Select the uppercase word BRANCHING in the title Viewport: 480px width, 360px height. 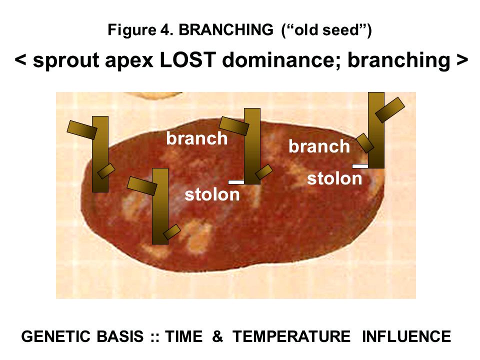(225, 30)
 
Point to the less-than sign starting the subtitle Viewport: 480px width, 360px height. (20, 61)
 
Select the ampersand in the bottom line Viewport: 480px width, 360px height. (217, 336)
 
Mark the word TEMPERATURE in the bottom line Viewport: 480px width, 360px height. (291, 336)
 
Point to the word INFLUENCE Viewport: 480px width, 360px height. (406, 336)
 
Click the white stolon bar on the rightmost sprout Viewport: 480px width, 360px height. (360, 165)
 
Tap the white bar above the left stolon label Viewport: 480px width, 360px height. (236, 181)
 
